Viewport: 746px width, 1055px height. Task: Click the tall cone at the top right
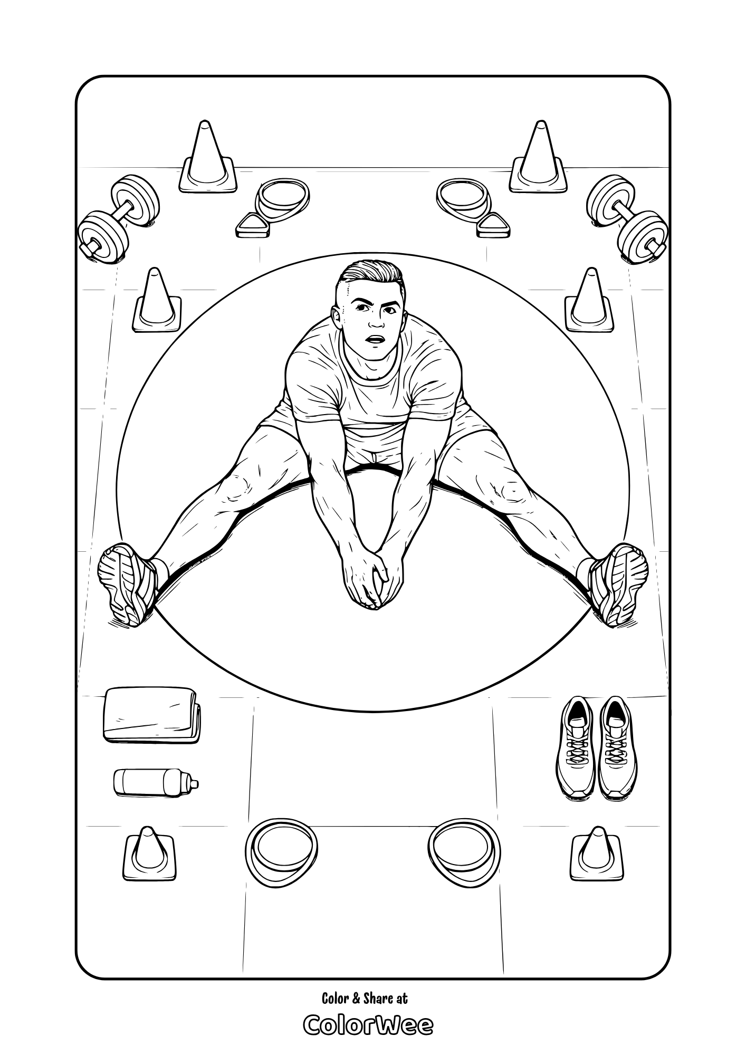538,158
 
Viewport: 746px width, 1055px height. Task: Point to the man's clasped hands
372,580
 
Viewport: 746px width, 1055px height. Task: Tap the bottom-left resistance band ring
281,853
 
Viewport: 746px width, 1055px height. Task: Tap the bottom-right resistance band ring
464,853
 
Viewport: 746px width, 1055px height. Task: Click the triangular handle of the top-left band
252,226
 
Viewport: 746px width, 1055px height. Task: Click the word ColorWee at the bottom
368,1025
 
